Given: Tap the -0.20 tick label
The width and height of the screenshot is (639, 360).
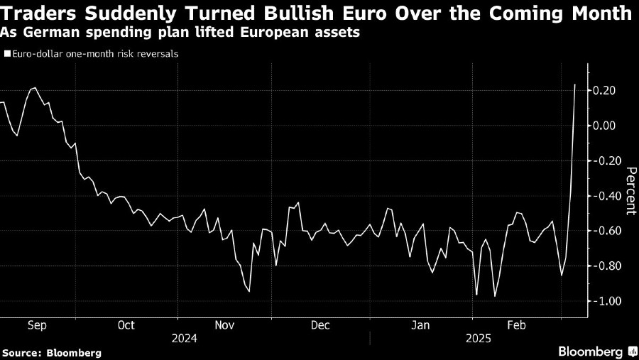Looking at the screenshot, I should pos(608,160).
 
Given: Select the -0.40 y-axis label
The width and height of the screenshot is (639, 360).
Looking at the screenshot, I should pos(608,196).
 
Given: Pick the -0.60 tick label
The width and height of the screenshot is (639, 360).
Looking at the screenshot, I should pos(608,231).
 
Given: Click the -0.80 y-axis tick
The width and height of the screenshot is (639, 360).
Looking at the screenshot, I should pos(608,266).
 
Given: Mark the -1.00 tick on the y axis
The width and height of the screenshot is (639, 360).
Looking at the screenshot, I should pos(608,301).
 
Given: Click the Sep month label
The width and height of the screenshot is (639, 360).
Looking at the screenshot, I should pos(37,325).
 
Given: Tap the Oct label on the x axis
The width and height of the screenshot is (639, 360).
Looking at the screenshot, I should pos(126,325).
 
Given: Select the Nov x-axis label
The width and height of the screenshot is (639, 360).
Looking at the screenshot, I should pos(225,325).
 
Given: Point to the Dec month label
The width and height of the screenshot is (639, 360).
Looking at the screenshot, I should pos(320,325).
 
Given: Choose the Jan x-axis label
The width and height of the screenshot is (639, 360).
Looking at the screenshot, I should pos(421,325).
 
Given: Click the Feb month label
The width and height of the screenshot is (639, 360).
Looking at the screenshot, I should pos(517,325).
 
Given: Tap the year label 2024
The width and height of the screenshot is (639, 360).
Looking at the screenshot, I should pos(184,339).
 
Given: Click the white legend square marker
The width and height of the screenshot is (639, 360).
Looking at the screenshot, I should pos(7,53).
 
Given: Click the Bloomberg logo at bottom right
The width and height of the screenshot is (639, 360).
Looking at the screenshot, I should pos(595,351).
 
